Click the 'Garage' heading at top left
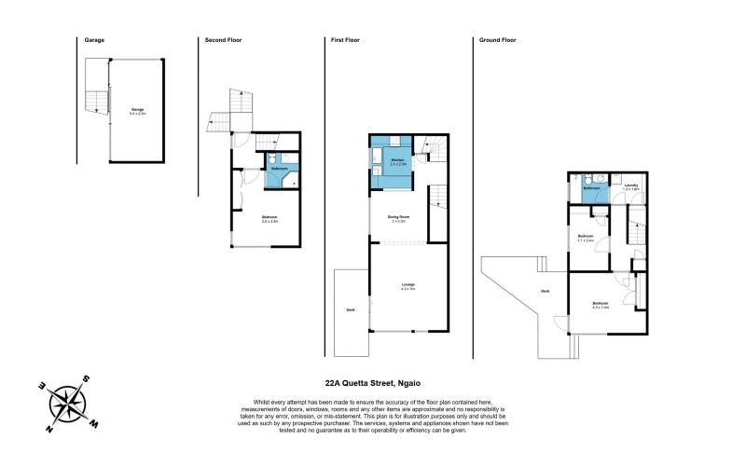pyautogui.click(x=94, y=40)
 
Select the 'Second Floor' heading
pyautogui.click(x=223, y=40)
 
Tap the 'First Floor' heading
pyautogui.click(x=345, y=40)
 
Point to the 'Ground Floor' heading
pyautogui.click(x=497, y=40)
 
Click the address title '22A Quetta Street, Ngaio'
pyautogui.click(x=372, y=382)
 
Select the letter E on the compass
pyautogui.click(x=42, y=385)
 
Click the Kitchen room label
pyautogui.click(x=397, y=161)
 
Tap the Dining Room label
pyautogui.click(x=398, y=217)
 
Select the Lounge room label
pyautogui.click(x=408, y=283)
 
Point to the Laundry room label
pyautogui.click(x=630, y=185)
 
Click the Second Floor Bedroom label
pyautogui.click(x=270, y=217)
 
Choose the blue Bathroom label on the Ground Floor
pyautogui.click(x=591, y=188)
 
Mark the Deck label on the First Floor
pyautogui.click(x=351, y=309)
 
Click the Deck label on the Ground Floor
pyautogui.click(x=545, y=291)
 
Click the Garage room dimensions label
pyautogui.click(x=137, y=114)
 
